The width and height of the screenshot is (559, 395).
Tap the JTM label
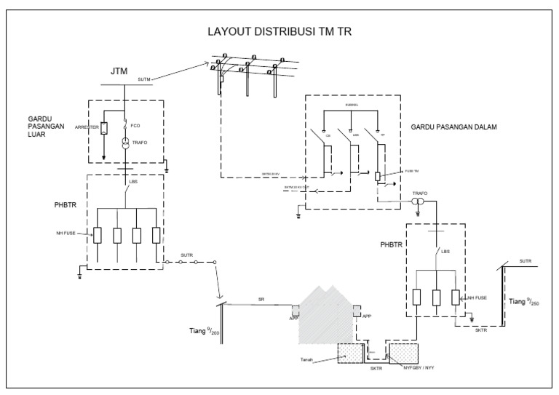[x=119, y=71]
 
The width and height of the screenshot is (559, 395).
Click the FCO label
[x=135, y=126]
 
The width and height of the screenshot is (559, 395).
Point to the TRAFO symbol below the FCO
[x=126, y=142]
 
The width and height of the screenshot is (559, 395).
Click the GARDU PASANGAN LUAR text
[x=46, y=125]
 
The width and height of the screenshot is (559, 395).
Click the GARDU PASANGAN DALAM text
[x=453, y=127]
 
